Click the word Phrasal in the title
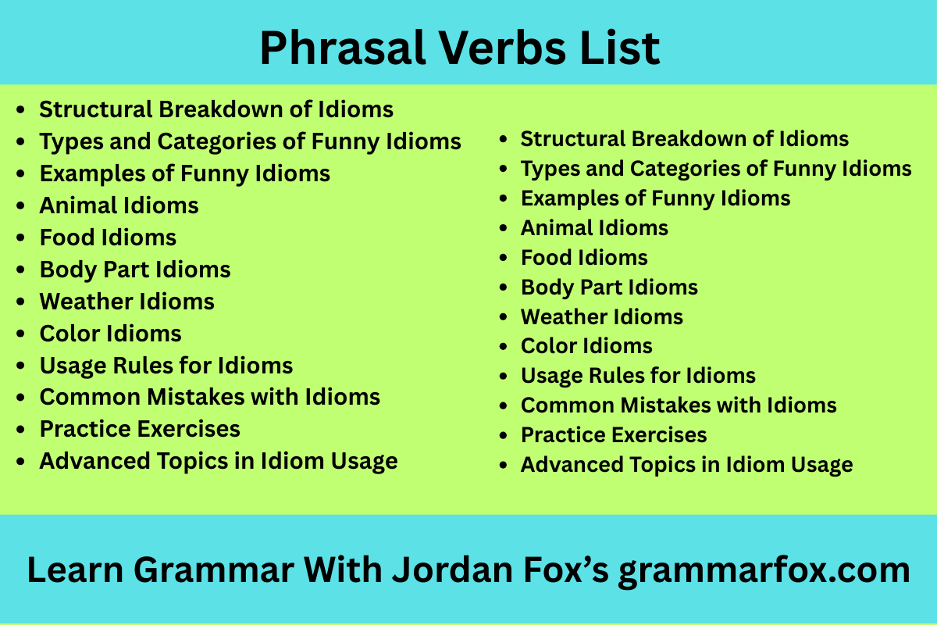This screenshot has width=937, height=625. click(x=344, y=48)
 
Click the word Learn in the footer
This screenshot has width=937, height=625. click(x=75, y=570)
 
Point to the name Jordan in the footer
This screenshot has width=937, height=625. click(x=452, y=570)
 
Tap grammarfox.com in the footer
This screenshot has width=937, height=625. click(x=764, y=572)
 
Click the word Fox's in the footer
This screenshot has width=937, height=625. click(x=566, y=570)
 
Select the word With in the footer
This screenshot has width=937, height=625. click(x=343, y=570)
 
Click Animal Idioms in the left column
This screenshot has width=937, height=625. click(x=119, y=205)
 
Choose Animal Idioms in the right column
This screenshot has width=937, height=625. click(x=594, y=227)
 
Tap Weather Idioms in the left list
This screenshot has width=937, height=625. click(x=126, y=302)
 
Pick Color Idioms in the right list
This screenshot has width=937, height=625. click(x=586, y=346)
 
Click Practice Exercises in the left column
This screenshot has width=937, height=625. click(x=140, y=429)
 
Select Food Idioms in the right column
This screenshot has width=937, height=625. click(x=584, y=257)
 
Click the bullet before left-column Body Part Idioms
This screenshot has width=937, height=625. click(x=20, y=270)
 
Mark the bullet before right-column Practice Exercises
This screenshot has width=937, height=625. click(x=503, y=435)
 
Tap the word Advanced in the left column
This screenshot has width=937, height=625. click(x=94, y=461)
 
